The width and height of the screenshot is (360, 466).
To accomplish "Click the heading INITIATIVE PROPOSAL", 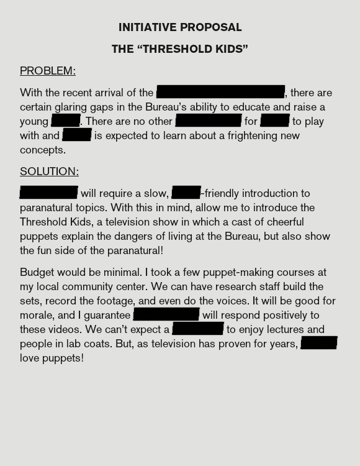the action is click(180, 27).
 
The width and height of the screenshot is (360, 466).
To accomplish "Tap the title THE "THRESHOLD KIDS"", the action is click(180, 49).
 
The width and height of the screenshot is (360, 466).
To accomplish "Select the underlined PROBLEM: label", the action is click(48, 71).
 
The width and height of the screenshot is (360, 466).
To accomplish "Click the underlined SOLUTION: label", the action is click(49, 171).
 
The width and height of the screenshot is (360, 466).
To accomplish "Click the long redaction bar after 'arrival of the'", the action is click(221, 93).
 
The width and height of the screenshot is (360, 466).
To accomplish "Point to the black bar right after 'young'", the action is click(66, 121).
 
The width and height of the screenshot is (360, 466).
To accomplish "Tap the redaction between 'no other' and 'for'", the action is click(209, 121).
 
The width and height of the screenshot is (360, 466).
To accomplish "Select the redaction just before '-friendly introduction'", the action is click(186, 193).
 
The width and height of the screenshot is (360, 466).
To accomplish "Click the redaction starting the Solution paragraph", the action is click(48, 193).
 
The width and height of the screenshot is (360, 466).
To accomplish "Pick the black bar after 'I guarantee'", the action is click(166, 315).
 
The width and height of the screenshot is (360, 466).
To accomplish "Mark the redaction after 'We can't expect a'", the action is click(198, 329).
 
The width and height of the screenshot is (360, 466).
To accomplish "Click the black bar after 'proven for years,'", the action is click(319, 344).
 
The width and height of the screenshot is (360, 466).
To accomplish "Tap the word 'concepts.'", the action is click(42, 150).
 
